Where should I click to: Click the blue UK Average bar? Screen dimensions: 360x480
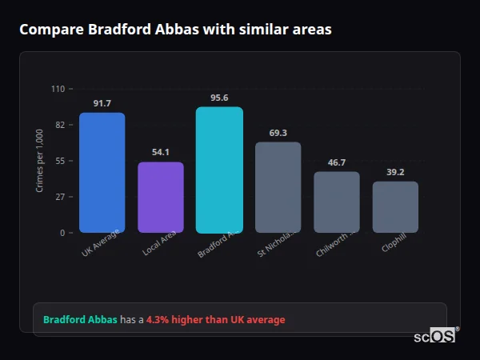point(102,173)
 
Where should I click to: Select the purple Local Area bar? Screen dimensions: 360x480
point(161,198)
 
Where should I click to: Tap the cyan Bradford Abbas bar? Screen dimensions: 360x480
point(219,170)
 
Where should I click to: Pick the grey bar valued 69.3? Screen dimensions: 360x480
point(278,187)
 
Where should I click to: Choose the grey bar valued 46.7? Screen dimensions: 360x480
point(337,202)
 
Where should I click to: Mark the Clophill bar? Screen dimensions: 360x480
point(395,207)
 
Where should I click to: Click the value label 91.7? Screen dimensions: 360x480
point(102,104)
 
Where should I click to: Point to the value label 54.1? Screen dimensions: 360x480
point(161,153)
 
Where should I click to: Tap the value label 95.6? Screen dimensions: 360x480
point(219,98)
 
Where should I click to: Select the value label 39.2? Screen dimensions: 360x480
point(395,172)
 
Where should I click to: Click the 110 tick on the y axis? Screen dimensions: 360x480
point(58,89)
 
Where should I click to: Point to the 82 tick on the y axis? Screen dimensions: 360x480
point(59,125)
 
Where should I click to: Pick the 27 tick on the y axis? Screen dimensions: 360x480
point(59,197)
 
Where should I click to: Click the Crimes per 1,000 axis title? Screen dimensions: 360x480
point(39,161)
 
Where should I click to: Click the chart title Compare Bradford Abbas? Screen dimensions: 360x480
point(175,30)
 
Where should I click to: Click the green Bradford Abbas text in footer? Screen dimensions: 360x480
point(80,320)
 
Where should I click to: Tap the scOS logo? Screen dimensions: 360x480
point(434,336)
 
